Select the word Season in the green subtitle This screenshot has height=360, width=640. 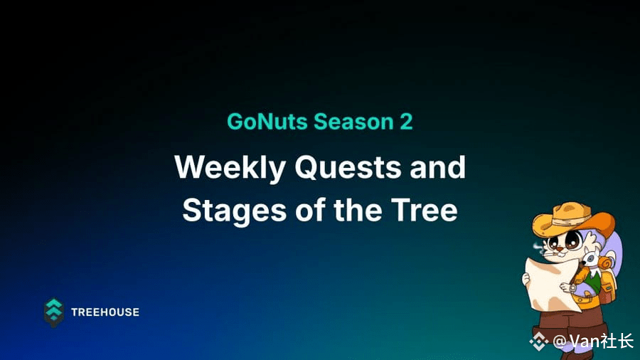tap(353, 121)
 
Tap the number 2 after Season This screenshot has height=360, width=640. tap(406, 121)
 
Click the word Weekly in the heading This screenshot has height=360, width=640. tap(230, 167)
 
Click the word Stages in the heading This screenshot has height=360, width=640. tap(234, 211)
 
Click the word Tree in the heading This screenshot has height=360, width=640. tap(424, 210)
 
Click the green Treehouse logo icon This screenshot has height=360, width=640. tap(54, 312)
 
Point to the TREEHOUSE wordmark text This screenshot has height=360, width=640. tap(105, 312)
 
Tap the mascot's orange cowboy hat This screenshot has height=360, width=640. tap(573, 220)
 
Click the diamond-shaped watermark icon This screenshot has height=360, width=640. tap(539, 342)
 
